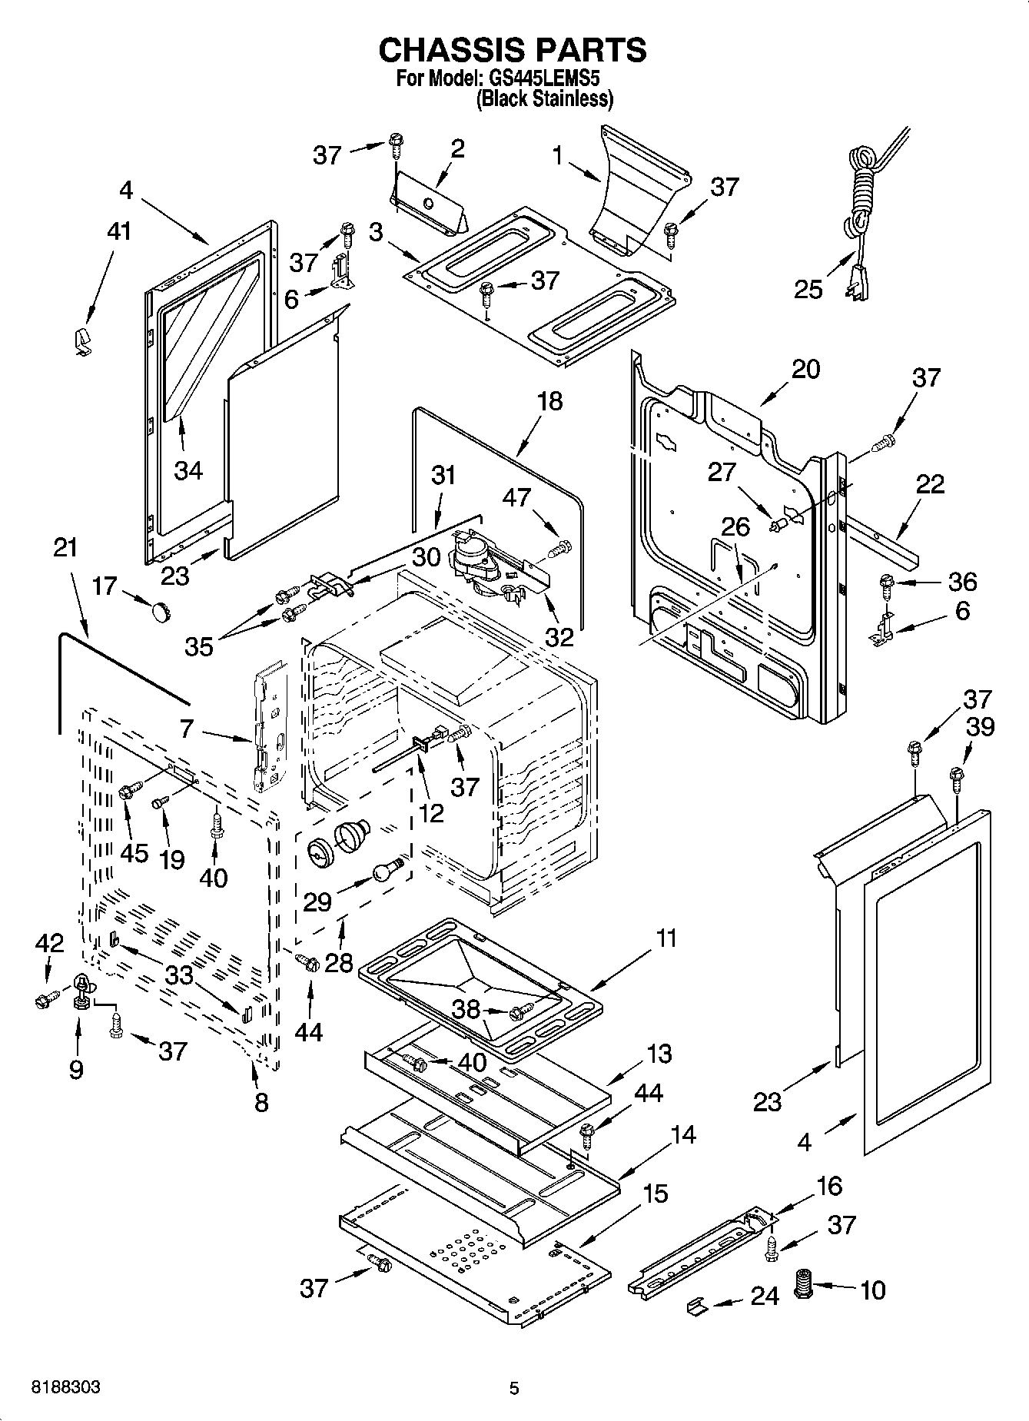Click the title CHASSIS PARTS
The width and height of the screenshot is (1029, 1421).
513,50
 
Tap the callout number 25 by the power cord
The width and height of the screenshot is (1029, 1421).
808,290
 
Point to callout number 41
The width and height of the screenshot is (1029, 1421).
118,232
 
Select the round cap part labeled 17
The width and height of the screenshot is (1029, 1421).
160,611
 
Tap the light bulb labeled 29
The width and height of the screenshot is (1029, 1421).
386,871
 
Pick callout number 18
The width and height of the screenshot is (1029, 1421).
550,401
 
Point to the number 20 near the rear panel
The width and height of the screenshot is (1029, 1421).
805,370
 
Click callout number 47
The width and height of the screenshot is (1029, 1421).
516,497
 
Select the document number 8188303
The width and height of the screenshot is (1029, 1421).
65,1388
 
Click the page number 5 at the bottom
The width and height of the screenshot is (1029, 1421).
514,1388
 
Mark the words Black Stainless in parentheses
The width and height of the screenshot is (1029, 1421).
544,98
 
